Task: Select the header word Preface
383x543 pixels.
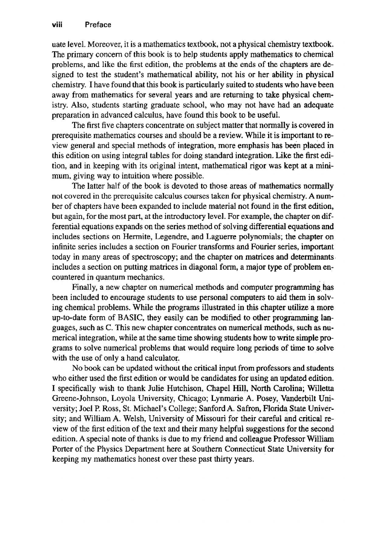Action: click(x=98, y=25)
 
